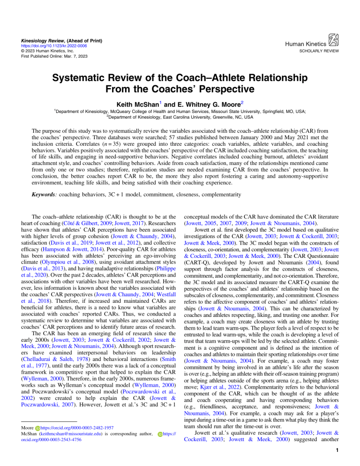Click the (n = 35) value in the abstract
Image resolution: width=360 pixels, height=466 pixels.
point(97,152)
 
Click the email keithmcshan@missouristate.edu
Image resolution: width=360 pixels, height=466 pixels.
point(71,449)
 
